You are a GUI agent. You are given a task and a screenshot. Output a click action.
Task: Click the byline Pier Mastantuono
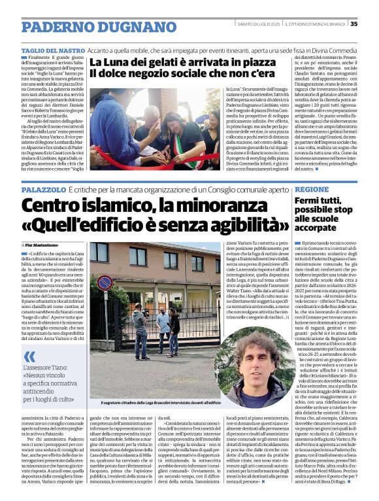46,244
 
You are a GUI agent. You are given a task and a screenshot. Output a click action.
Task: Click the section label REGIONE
312,188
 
